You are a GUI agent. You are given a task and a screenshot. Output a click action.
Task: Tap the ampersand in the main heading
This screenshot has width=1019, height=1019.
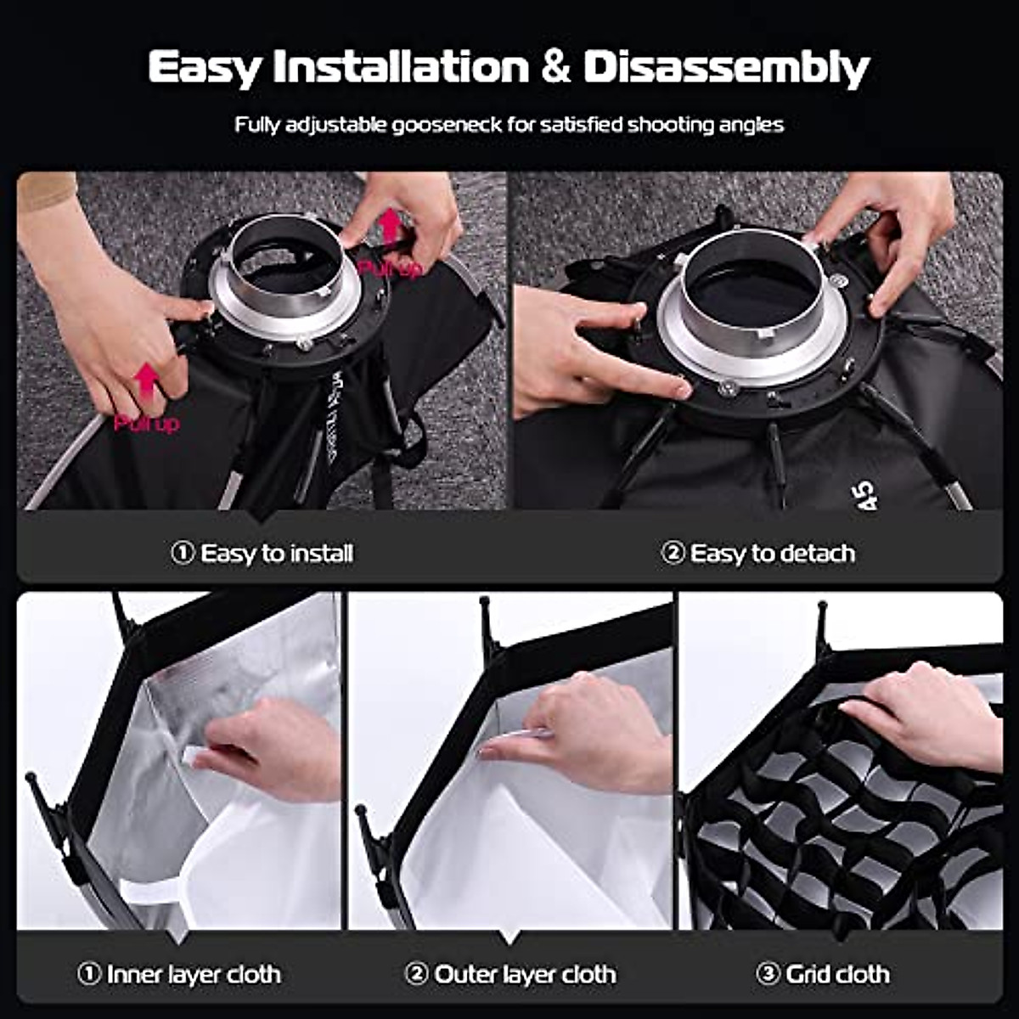(555, 68)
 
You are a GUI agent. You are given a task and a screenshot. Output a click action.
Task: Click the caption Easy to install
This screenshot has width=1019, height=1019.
(276, 554)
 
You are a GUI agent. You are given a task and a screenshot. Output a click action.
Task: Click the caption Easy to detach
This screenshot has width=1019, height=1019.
(772, 554)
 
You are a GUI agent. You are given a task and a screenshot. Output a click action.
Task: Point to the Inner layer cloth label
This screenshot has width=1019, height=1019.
(194, 974)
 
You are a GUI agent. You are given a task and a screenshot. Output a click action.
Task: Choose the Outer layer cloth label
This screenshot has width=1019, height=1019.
(525, 974)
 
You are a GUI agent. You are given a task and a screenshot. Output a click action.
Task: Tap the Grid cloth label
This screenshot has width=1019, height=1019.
(837, 974)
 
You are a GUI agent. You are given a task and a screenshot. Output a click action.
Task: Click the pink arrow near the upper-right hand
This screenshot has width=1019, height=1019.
(390, 228)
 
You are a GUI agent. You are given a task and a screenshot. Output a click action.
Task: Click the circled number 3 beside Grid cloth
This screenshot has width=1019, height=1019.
(768, 974)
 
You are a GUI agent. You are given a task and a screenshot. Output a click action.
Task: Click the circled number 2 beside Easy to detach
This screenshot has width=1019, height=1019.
(672, 554)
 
